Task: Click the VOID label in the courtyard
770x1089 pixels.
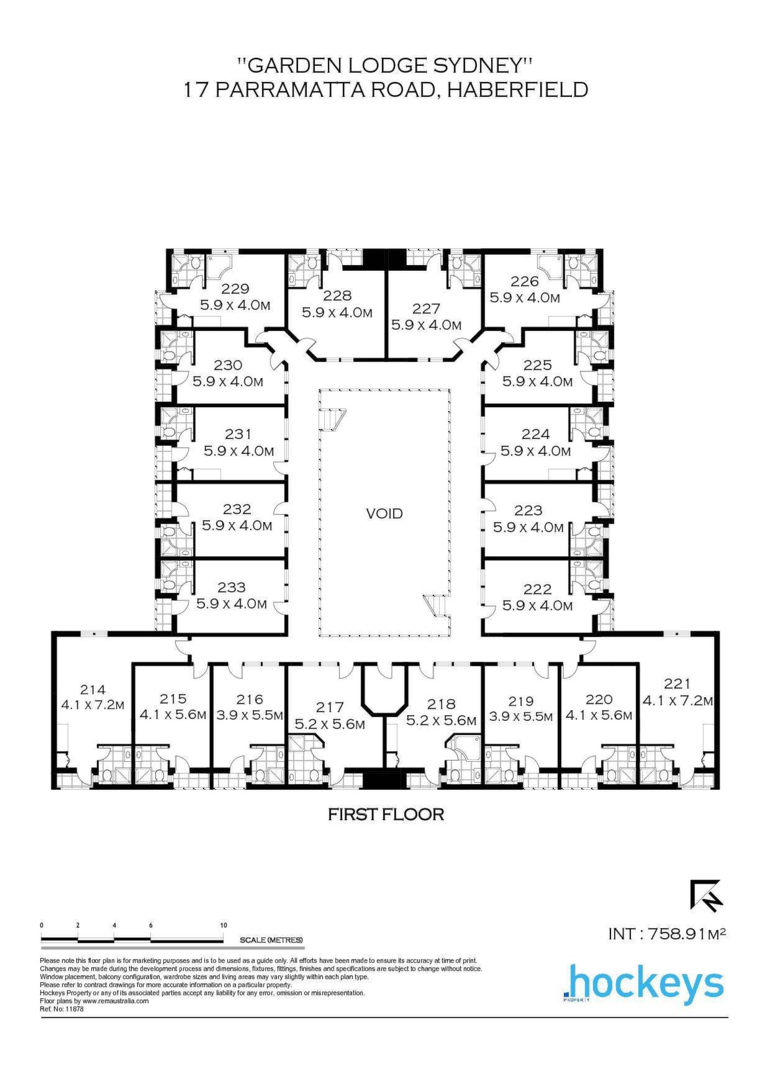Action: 384,513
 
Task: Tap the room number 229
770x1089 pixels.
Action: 235,289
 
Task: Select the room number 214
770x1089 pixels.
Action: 93,689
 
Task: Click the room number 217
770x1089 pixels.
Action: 329,707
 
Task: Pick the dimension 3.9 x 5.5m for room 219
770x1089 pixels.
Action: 521,716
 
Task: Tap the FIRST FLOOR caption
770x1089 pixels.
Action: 386,814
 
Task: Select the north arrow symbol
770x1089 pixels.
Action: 706,897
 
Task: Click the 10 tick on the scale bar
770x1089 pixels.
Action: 224,925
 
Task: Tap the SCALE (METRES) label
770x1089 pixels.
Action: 271,940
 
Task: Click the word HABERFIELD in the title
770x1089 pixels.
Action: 518,89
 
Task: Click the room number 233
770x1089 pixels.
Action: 232,587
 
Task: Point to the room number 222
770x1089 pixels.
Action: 537,589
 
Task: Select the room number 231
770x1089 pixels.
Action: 239,435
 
